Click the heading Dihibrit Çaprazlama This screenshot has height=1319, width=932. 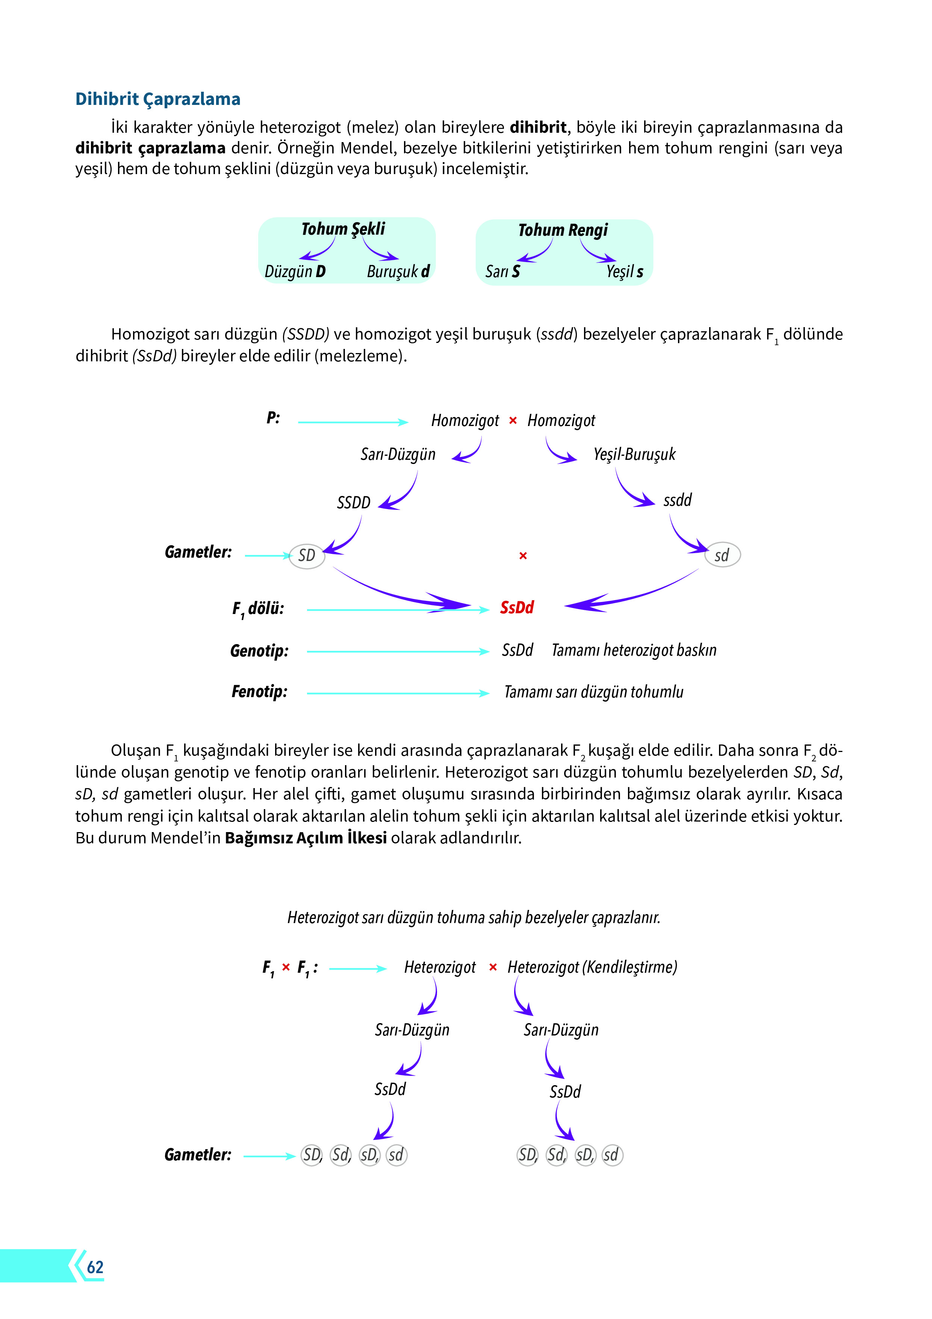[157, 99]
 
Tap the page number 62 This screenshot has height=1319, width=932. [95, 1267]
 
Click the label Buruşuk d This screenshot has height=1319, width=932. [398, 271]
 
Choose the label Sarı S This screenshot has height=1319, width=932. [502, 271]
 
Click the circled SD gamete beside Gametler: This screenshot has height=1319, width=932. [307, 555]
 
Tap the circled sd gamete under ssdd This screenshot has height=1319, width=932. [722, 555]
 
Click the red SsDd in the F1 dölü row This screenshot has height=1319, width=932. [517, 607]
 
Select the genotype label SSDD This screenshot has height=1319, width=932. [353, 503]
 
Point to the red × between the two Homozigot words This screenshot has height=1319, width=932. [513, 420]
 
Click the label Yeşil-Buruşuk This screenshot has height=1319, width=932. [634, 455]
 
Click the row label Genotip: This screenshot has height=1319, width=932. [259, 651]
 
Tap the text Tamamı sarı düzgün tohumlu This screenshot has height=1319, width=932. [593, 692]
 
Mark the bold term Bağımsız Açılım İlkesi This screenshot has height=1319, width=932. [306, 838]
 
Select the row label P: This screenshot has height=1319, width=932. [273, 418]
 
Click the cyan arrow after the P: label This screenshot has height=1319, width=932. [353, 422]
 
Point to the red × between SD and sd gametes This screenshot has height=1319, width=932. [523, 555]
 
